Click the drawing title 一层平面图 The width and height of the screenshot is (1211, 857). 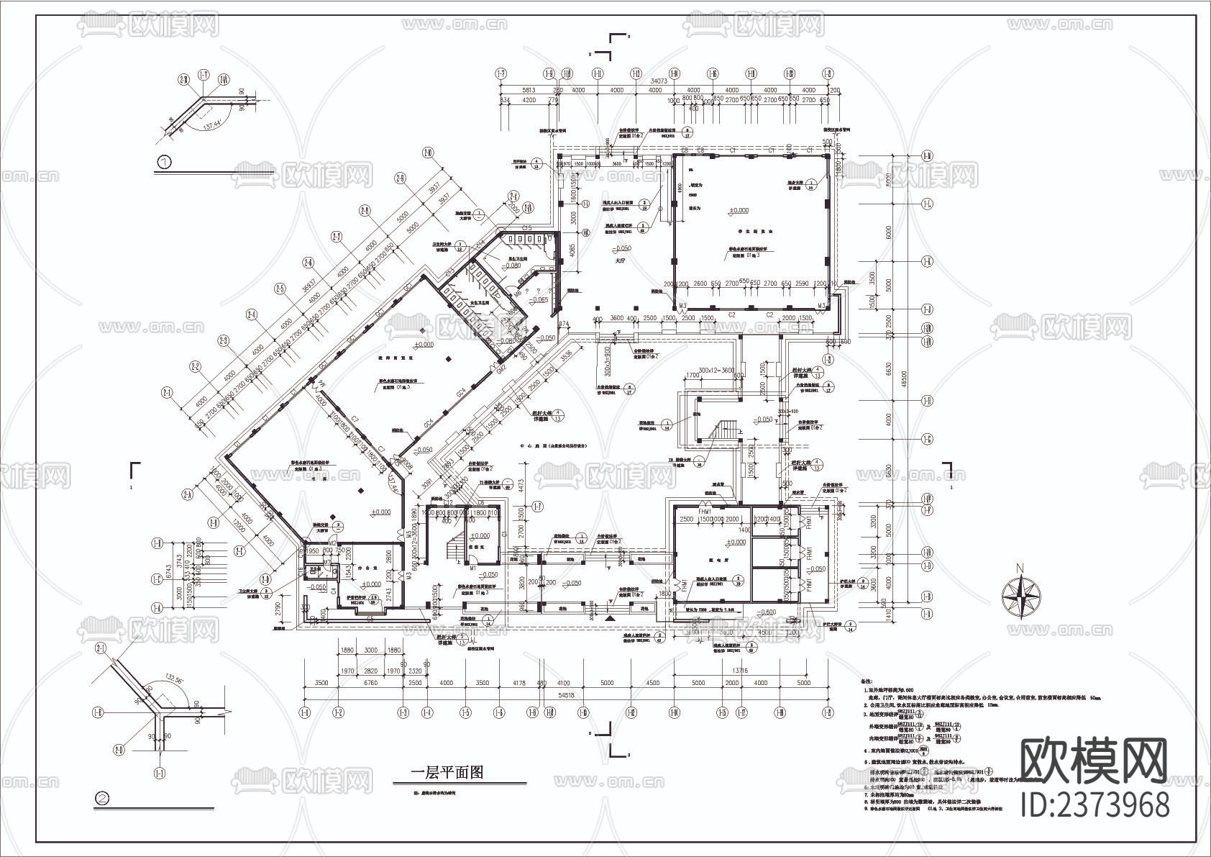pos(447,773)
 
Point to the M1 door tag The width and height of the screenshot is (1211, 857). pos(474,568)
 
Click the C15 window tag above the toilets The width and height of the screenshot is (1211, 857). pos(527,228)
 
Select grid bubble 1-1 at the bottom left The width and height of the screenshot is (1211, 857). pos(304,712)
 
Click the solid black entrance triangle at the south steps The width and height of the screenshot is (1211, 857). pos(610,618)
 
